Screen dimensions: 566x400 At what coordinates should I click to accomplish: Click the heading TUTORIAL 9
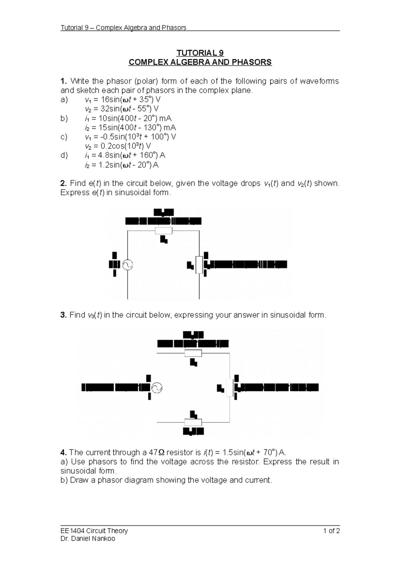click(200, 53)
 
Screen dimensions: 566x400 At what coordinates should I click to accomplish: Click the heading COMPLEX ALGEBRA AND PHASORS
click(200, 62)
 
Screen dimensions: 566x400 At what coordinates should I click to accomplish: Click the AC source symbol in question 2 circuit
click(128, 265)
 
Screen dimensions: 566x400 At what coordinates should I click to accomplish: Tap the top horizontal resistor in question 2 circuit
click(164, 231)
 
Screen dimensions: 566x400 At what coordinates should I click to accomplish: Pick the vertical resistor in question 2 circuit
click(199, 265)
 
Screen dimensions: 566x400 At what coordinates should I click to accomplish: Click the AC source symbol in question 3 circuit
click(156, 388)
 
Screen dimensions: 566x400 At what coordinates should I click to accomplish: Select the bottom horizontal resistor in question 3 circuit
click(193, 422)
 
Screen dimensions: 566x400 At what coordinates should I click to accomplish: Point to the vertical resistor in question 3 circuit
click(230, 388)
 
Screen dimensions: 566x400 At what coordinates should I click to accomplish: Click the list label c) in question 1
click(64, 137)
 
